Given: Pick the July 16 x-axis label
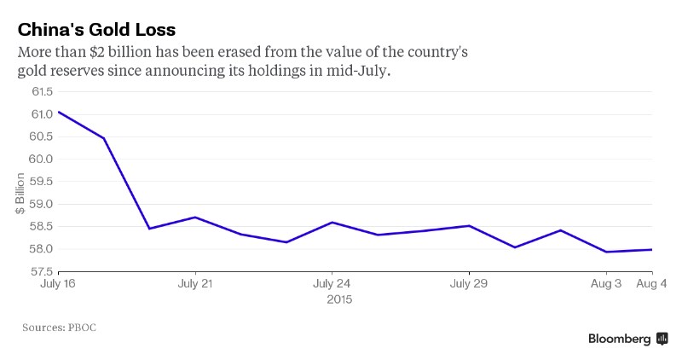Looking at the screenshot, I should pyautogui.click(x=58, y=283).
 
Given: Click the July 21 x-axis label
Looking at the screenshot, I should pyautogui.click(x=195, y=283).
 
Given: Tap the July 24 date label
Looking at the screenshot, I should pyautogui.click(x=332, y=283).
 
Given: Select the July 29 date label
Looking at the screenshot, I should pyautogui.click(x=469, y=283).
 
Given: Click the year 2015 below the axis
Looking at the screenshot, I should pyautogui.click(x=338, y=299).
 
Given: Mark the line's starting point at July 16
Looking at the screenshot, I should pyautogui.click(x=58, y=112).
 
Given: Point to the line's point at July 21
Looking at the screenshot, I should pyautogui.click(x=195, y=218).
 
